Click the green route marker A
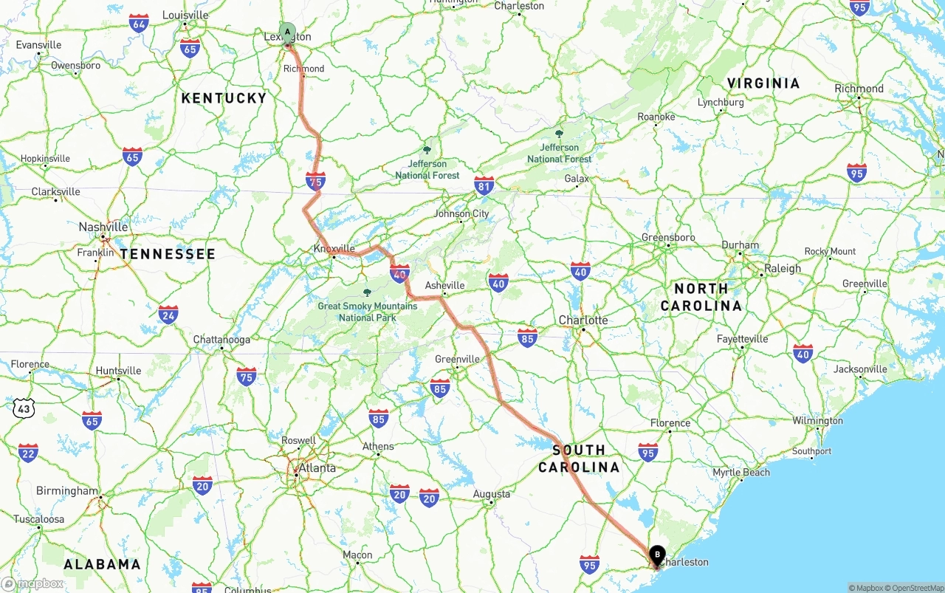[287, 32]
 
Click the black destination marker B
[656, 555]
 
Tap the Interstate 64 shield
[138, 22]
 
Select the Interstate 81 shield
[484, 185]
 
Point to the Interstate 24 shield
[168, 314]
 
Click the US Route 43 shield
[23, 407]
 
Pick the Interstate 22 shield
[28, 453]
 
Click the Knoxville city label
[334, 249]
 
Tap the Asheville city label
[445, 285]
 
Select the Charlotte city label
[583, 320]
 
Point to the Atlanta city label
[317, 467]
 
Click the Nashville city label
[103, 227]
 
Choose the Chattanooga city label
[221, 340]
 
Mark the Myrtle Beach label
[740, 472]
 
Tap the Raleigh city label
[783, 268]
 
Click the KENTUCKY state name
[224, 98]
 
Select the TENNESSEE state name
[168, 254]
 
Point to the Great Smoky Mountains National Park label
[367, 311]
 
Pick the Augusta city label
[492, 493]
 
